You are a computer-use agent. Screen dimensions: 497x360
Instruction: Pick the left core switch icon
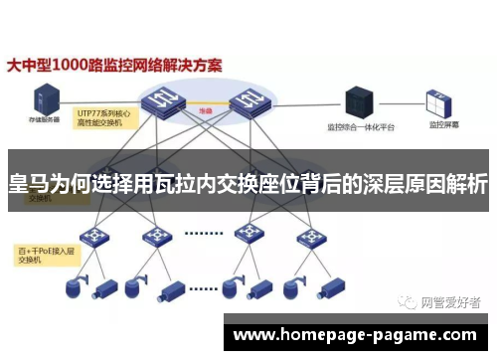coord(164,95)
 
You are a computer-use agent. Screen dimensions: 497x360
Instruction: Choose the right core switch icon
coord(249,95)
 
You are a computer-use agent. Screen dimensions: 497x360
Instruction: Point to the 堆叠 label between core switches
coord(207,110)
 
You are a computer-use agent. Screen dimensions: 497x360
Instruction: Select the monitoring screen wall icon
coord(440,100)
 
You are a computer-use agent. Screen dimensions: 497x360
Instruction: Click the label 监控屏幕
coord(443,127)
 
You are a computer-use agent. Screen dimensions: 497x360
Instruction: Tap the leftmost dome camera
coord(72,288)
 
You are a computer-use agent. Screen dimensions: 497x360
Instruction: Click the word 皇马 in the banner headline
coord(30,184)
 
